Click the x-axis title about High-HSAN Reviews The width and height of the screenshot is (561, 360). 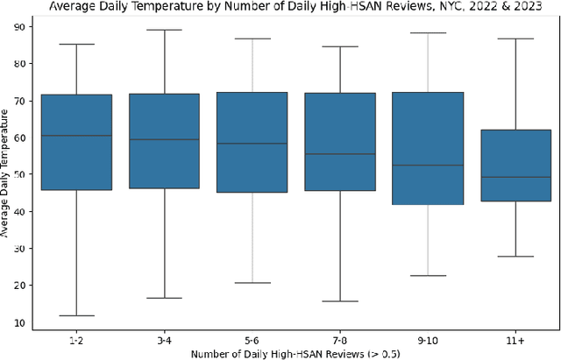point(295,353)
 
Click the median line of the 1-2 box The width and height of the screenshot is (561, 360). point(76,136)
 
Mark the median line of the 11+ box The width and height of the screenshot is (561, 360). point(515,177)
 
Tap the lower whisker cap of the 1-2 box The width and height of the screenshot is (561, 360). point(76,315)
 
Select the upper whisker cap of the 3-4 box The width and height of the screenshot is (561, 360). point(164,30)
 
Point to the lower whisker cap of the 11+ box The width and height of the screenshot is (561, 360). point(515,257)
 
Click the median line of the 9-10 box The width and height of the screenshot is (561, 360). point(428,165)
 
